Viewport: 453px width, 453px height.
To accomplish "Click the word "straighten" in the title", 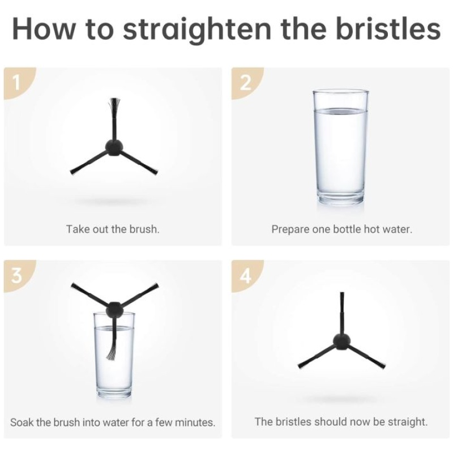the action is click(x=196, y=29).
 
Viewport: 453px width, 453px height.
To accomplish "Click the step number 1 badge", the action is click(x=18, y=83).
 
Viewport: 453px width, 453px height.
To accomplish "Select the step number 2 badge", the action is click(x=246, y=83).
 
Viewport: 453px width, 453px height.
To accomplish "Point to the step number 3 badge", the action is click(x=18, y=275).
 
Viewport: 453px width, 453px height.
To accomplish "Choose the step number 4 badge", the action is click(x=246, y=275).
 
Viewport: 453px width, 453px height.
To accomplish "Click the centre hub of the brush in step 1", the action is click(x=114, y=148).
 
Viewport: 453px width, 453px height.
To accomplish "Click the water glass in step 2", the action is click(x=340, y=147).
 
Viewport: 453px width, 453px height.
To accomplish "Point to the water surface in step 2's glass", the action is click(x=341, y=111).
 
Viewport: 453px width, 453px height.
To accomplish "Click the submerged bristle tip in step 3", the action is click(x=112, y=353).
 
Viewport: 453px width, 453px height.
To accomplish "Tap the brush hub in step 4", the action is click(x=341, y=342).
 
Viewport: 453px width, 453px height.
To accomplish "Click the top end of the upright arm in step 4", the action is click(x=342, y=293).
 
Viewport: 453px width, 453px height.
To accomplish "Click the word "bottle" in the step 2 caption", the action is click(x=347, y=229).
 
